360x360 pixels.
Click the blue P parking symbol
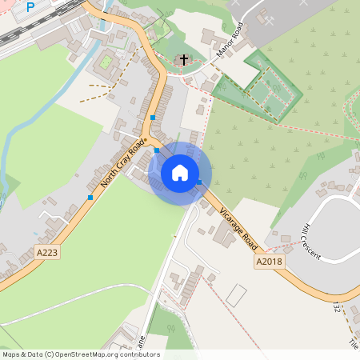click(30, 7)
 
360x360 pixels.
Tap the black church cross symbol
click(184, 60)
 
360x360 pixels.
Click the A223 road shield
click(47, 252)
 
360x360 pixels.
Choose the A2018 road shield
click(270, 262)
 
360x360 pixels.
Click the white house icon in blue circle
click(180, 173)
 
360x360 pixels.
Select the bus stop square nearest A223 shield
click(90, 197)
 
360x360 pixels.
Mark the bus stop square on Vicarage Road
click(198, 183)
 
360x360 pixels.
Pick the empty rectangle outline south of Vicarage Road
click(237, 294)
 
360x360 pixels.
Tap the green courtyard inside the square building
click(105, 61)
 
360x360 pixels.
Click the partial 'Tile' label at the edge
click(353, 342)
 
